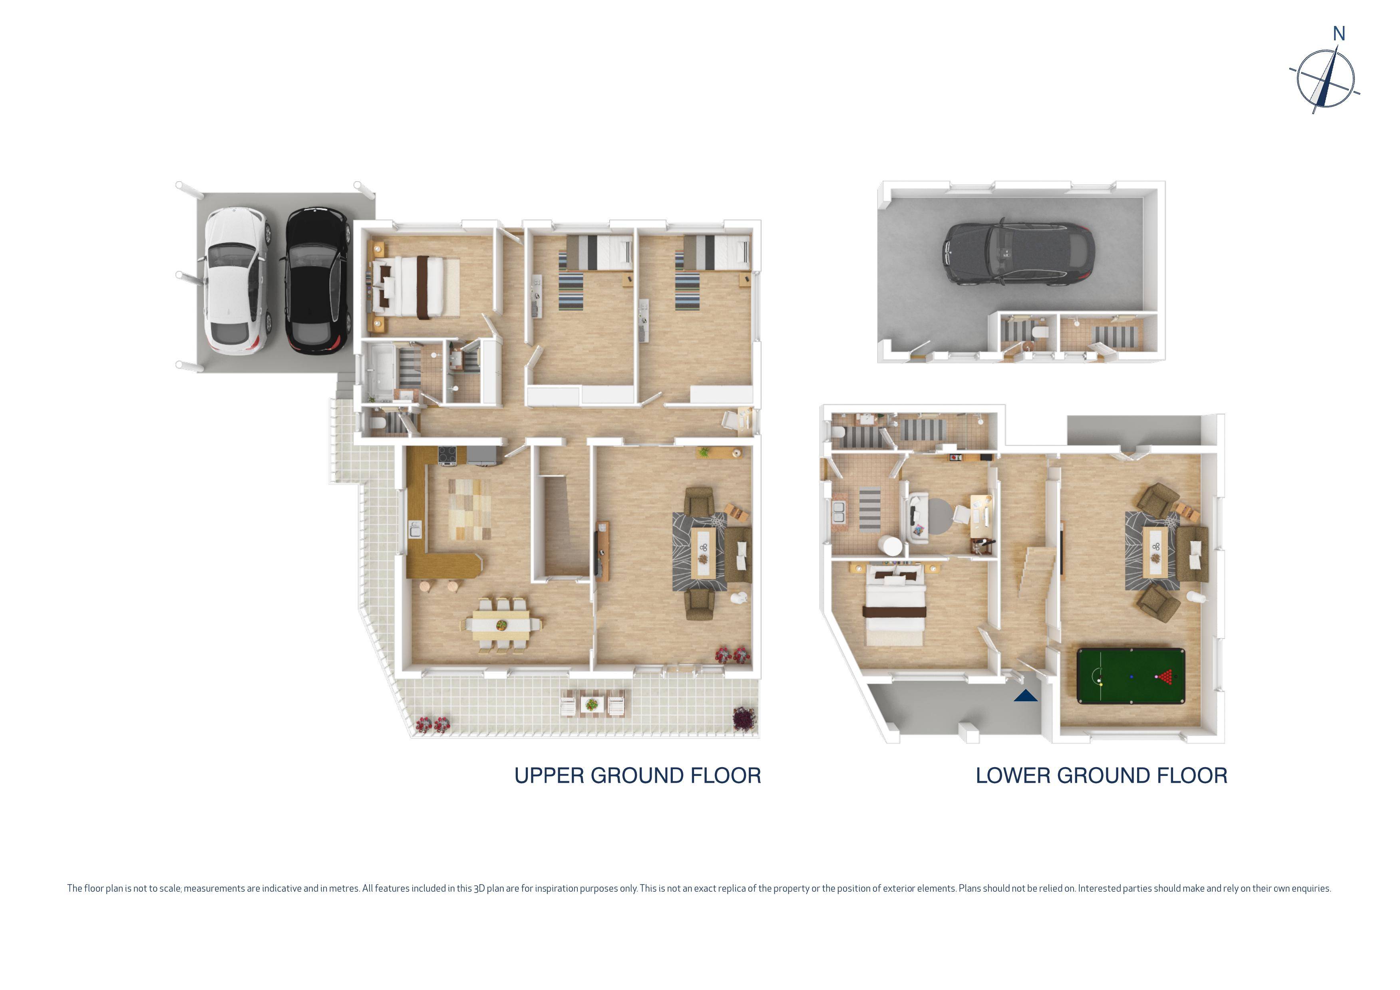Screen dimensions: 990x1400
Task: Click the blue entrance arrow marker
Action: pos(1026,696)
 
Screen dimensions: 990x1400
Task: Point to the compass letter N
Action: pos(1338,34)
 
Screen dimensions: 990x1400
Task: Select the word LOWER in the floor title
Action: pos(1012,776)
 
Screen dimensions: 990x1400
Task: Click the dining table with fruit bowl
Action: pos(501,625)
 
